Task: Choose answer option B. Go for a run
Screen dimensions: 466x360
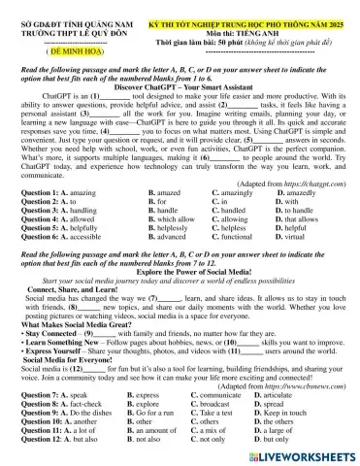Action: click(x=159, y=416)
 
